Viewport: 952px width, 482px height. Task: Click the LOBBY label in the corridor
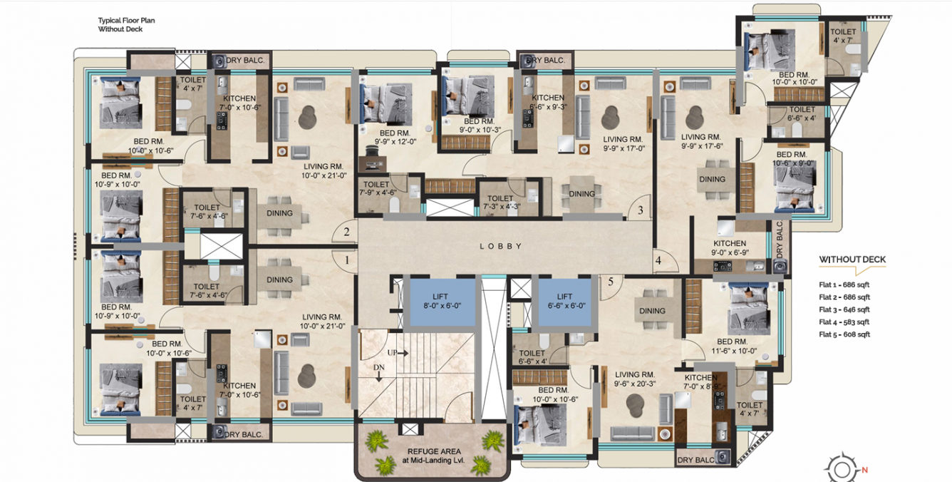pyautogui.click(x=500, y=246)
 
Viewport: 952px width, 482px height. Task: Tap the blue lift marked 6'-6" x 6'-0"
pyautogui.click(x=564, y=301)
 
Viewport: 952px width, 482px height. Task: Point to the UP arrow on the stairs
pyautogui.click(x=398, y=353)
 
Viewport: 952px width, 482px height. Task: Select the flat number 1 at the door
pyautogui.click(x=347, y=260)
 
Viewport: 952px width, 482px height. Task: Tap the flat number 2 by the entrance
pyautogui.click(x=347, y=232)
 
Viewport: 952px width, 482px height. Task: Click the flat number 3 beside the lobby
pyautogui.click(x=640, y=210)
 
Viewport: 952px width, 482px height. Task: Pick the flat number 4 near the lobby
pyautogui.click(x=658, y=261)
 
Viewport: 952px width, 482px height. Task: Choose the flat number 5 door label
pyautogui.click(x=611, y=281)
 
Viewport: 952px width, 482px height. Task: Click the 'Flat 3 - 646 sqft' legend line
pyautogui.click(x=844, y=309)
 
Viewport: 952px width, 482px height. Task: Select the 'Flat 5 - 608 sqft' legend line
pyautogui.click(x=844, y=334)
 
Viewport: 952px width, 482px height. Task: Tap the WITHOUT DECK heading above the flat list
pyautogui.click(x=852, y=260)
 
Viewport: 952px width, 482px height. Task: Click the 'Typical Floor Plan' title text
pyautogui.click(x=126, y=21)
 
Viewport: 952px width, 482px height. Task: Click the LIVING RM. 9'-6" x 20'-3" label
pyautogui.click(x=635, y=379)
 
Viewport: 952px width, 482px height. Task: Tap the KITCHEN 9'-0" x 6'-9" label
pyautogui.click(x=729, y=247)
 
